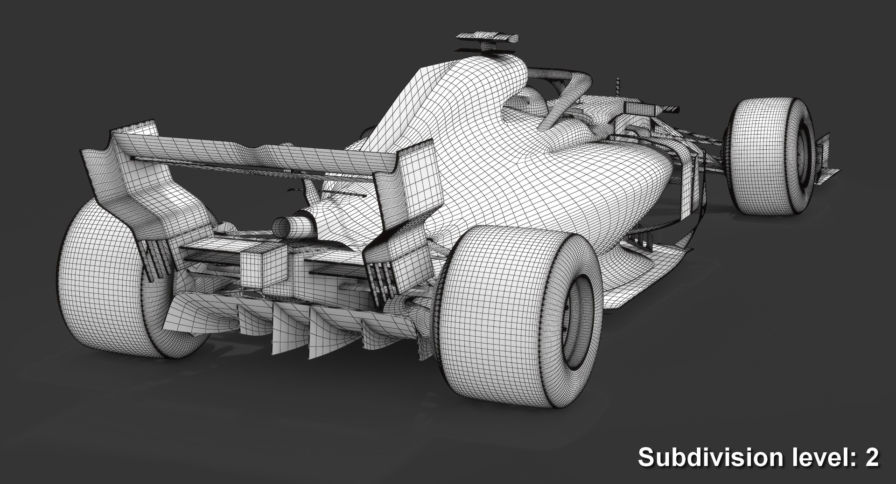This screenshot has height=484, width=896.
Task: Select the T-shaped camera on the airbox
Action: click(487, 40)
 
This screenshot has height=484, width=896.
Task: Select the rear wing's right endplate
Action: click(411, 187)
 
